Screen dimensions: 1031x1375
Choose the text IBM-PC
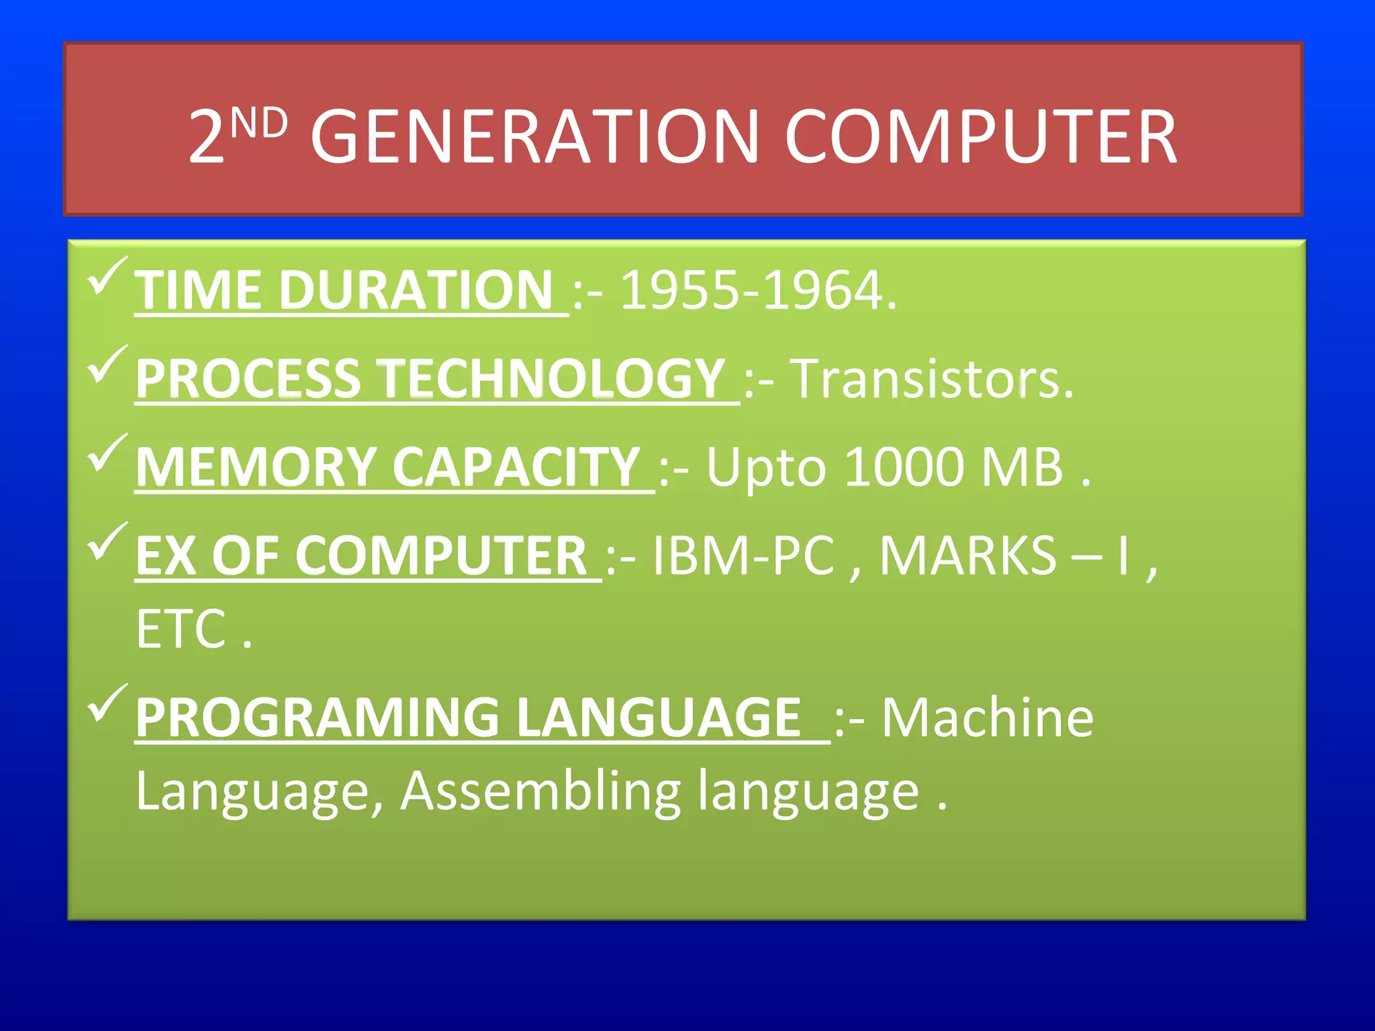pos(743,556)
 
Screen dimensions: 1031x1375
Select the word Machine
pos(987,718)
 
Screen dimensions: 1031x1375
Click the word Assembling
pos(540,792)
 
